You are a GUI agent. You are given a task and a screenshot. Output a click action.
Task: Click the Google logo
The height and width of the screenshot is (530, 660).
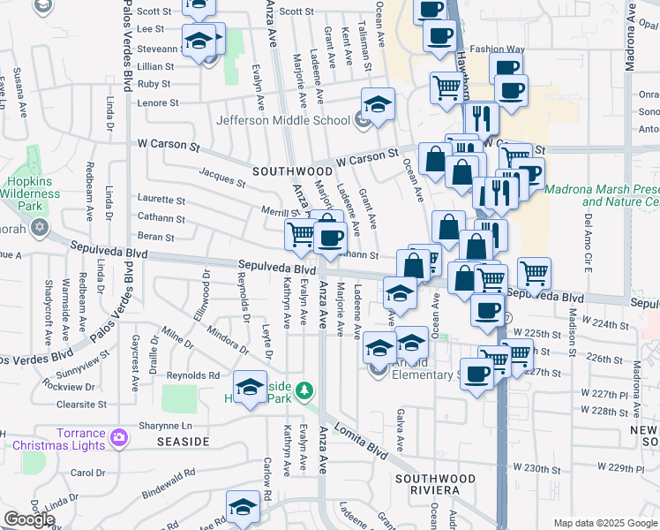(28, 519)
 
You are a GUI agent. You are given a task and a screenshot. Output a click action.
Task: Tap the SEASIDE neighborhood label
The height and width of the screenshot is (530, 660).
(183, 440)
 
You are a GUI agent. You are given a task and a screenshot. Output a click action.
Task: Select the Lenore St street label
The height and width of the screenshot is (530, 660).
(158, 102)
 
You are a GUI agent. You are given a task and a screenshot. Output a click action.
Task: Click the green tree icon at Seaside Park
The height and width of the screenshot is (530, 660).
(304, 390)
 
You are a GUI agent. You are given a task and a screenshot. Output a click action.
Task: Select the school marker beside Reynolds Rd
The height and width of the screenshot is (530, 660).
(250, 387)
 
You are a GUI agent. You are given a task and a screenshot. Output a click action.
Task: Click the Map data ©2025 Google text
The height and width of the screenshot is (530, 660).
(604, 523)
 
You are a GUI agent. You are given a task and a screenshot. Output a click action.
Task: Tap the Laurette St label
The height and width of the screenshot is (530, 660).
(160, 199)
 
